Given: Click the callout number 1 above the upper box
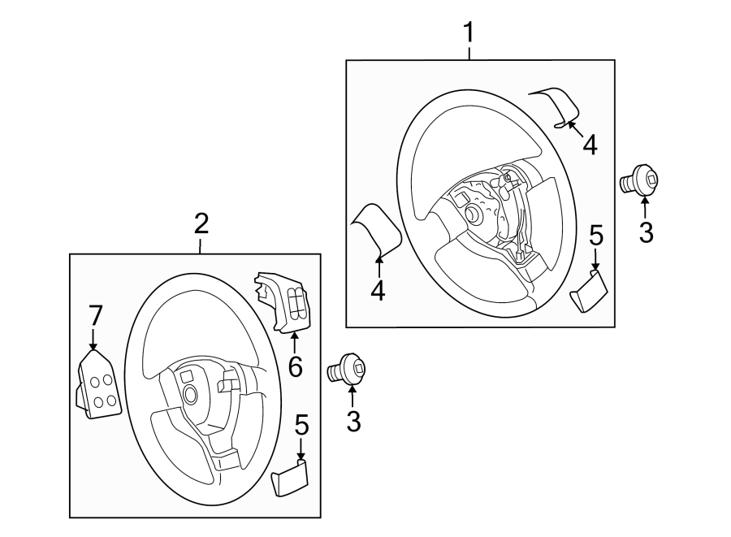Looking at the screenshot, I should [x=468, y=33].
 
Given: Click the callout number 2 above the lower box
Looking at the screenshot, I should [x=201, y=223].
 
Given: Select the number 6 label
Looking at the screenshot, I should [x=295, y=366].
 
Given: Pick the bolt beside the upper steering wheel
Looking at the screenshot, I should [x=641, y=181].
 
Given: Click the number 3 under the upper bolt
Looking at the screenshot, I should [x=646, y=232].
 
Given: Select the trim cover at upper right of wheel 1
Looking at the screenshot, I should [x=557, y=106].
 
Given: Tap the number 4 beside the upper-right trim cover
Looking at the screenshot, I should [x=590, y=145].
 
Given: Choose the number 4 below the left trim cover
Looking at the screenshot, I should [x=378, y=290].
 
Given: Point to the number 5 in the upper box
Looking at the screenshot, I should [x=595, y=236].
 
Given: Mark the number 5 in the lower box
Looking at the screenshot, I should [x=301, y=424].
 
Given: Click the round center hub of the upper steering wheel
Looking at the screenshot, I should [x=470, y=214].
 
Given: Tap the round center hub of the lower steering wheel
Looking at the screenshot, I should [x=190, y=395].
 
